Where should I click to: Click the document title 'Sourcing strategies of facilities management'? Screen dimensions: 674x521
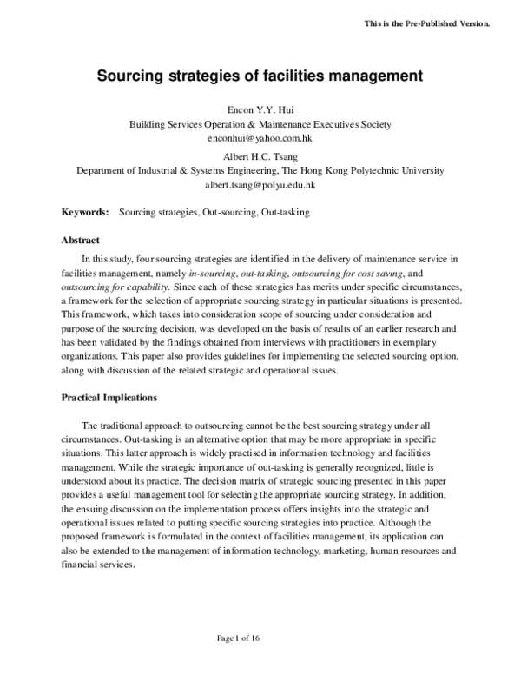260,76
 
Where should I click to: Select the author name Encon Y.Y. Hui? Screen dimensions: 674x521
260,111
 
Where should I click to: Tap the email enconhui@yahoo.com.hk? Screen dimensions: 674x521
260,137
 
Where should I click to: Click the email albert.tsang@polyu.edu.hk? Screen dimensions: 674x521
260,185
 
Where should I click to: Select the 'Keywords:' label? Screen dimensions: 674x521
84,211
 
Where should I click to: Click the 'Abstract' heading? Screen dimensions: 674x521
80,240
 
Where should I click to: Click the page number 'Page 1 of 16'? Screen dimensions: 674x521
260,638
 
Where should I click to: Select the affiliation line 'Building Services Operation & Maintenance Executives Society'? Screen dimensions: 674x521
260,124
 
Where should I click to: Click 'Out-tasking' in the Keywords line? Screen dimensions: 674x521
284,211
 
